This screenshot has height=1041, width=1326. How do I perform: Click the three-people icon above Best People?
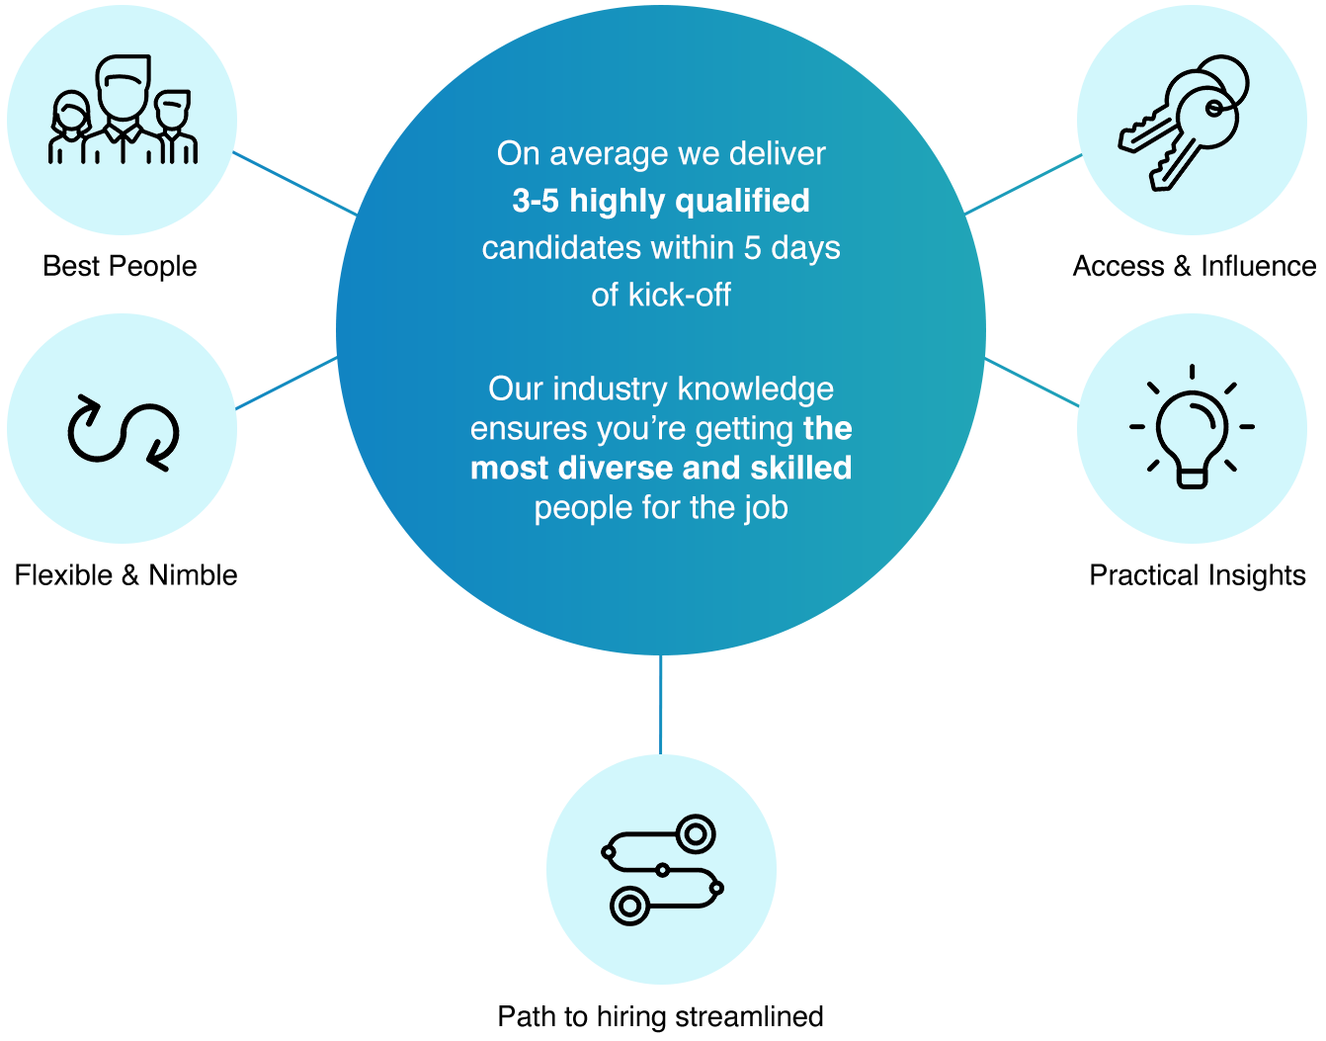pyautogui.click(x=123, y=111)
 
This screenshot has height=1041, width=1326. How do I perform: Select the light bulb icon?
pyautogui.click(x=1192, y=427)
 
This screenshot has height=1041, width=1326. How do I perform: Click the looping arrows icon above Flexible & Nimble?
pyautogui.click(x=123, y=432)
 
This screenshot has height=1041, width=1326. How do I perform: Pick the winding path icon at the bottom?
pyautogui.click(x=661, y=870)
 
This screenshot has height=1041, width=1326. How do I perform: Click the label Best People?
pyautogui.click(x=120, y=266)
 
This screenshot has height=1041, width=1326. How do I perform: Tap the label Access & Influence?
pyautogui.click(x=1194, y=266)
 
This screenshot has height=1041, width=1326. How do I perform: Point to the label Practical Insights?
pyautogui.click(x=1197, y=575)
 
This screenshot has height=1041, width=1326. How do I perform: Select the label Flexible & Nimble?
pyautogui.click(x=125, y=575)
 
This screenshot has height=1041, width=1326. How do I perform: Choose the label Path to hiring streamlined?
pyautogui.click(x=660, y=1016)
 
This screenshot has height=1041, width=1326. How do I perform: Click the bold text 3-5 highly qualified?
pyautogui.click(x=661, y=201)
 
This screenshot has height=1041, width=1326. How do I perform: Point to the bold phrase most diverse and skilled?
pyautogui.click(x=661, y=468)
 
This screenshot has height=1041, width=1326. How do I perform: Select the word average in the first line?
pyautogui.click(x=609, y=154)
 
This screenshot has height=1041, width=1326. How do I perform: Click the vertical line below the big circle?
pyautogui.click(x=660, y=704)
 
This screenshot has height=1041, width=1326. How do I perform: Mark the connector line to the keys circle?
pyautogui.click(x=1023, y=184)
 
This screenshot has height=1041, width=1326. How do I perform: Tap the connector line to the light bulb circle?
pyautogui.click(x=1032, y=383)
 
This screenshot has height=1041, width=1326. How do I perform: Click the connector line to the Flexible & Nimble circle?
pyautogui.click(x=286, y=385)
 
